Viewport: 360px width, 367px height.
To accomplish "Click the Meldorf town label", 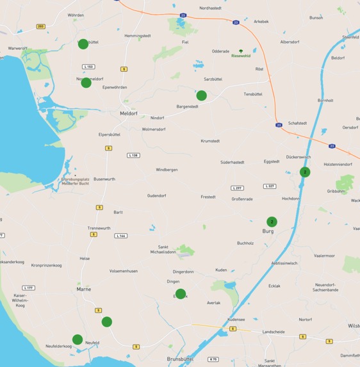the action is pos(129,113).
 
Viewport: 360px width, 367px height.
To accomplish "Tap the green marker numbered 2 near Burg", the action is pos(272,222).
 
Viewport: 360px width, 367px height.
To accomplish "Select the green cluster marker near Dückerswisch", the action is pos(305,172).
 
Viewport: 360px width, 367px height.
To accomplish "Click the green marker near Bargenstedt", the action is pos(201,95).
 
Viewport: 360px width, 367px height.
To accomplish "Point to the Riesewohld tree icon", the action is pos(241,51).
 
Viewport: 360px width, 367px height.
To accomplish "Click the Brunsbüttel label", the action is pos(180,359).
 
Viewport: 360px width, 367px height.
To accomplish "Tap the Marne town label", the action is pos(84,289).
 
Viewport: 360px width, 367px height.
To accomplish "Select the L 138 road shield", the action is pos(133,155).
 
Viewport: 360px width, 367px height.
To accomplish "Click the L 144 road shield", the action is pos(120,236).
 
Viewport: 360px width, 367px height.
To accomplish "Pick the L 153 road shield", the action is pos(88,67).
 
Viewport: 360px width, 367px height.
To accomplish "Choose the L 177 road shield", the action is pos(28,288).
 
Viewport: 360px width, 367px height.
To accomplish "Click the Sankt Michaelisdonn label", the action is pos(167,249).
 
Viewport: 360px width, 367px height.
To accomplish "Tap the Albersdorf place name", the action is pos(290,42).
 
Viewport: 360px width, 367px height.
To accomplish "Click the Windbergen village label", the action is pos(167,170).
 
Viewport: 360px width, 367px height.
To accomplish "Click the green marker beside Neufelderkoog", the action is pos(78,339).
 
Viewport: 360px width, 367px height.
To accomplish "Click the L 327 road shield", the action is pos(270,186).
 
